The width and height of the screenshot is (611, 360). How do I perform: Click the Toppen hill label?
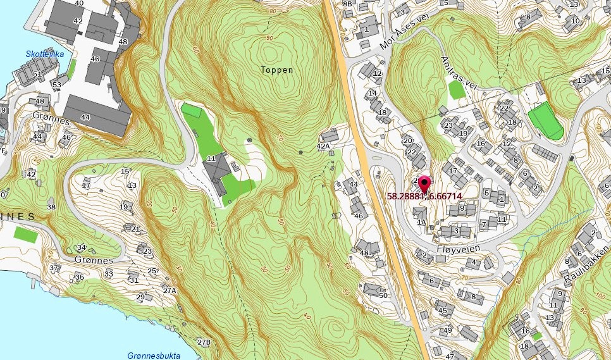tap(277, 70)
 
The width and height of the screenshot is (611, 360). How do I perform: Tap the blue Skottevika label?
tap(45, 54)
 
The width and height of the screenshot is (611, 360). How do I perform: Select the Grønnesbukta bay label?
tap(149, 355)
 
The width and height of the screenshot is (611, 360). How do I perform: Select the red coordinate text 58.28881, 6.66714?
tap(423, 196)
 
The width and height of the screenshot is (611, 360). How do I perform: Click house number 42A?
tap(323, 146)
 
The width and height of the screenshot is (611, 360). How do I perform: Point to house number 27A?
tap(169, 291)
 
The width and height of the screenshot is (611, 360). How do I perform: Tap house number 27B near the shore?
tap(203, 342)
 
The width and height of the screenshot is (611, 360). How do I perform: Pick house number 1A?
tap(421, 222)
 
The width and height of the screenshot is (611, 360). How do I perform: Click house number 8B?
tap(347, 4)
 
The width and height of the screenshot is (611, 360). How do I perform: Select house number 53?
tap(56, 84)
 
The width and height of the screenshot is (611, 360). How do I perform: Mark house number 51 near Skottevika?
tap(37, 74)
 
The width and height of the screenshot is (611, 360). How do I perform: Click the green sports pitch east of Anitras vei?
tap(545, 120)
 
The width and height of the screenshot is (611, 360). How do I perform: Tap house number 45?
tap(442, 310)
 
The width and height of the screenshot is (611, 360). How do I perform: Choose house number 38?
tap(51, 207)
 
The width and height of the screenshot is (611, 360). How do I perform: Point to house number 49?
tap(447, 330)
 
